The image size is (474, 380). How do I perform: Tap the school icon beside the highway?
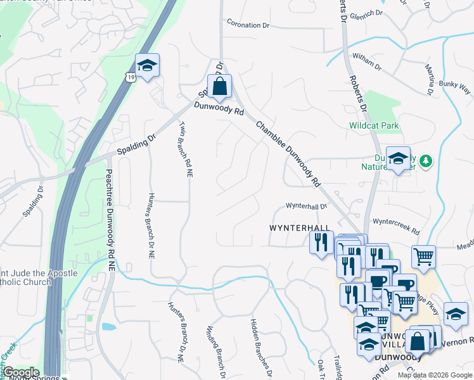pyautogui.click(x=147, y=65)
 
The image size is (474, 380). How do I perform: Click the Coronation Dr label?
pyautogui.click(x=252, y=25)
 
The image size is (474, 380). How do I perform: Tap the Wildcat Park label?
pyautogui.click(x=374, y=125)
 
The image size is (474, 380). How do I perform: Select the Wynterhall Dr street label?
pyautogui.click(x=305, y=206)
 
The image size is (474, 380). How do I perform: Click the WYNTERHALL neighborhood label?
pyautogui.click(x=300, y=227)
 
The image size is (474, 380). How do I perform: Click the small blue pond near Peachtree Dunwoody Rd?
pyautogui.click(x=108, y=327)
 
